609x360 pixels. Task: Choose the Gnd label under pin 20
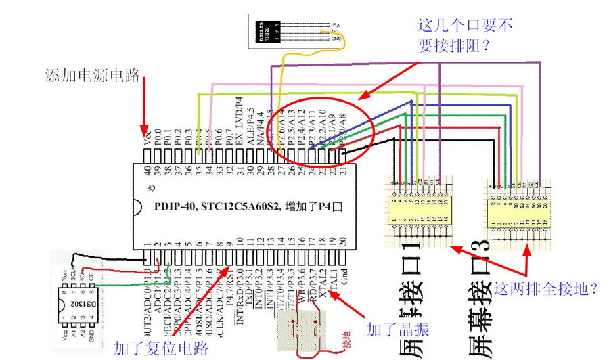tap(344, 271)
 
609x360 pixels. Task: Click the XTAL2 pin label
tap(323, 276)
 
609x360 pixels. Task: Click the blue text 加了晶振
tap(398, 330)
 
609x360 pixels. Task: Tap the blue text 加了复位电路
tap(161, 348)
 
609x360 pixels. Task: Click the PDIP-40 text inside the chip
tap(177, 206)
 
